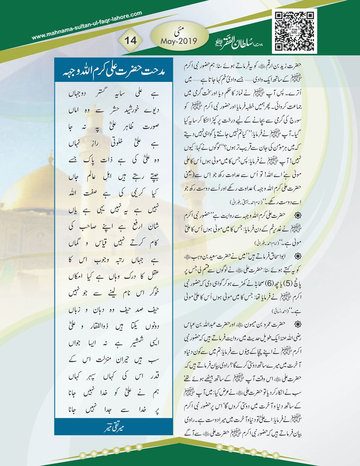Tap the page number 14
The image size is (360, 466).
pos(130,40)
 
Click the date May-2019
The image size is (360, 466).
pos(179,41)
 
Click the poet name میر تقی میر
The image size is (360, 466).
pos(114,427)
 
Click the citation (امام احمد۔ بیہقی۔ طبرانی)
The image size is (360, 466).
pos(249,202)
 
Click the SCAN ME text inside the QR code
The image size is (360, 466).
pos(294,31)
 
